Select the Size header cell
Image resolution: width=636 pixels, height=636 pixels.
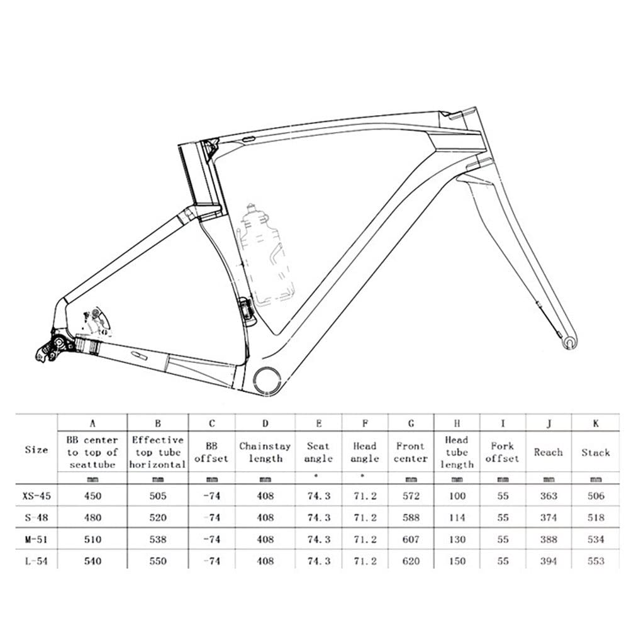pyautogui.click(x=36, y=450)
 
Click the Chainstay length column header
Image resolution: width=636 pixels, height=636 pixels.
pyautogui.click(x=265, y=452)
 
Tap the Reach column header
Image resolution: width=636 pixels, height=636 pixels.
pyautogui.click(x=548, y=452)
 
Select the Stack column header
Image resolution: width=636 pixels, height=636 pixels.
pyautogui.click(x=595, y=452)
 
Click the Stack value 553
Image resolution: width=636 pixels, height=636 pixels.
pyautogui.click(x=595, y=561)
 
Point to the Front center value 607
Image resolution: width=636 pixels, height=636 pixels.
pyautogui.click(x=410, y=539)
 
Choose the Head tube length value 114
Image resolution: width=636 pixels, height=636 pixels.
pyautogui.click(x=457, y=518)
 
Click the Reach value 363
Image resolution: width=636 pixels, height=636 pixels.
pyautogui.click(x=548, y=496)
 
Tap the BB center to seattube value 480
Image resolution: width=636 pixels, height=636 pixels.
pyautogui.click(x=92, y=518)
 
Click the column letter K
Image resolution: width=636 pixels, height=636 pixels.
pyautogui.click(x=595, y=423)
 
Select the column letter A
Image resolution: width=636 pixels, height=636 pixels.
pyautogui.click(x=92, y=423)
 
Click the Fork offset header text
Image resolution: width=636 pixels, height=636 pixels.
pyautogui.click(x=502, y=452)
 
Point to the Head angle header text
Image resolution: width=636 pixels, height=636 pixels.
pyautogui.click(x=364, y=452)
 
